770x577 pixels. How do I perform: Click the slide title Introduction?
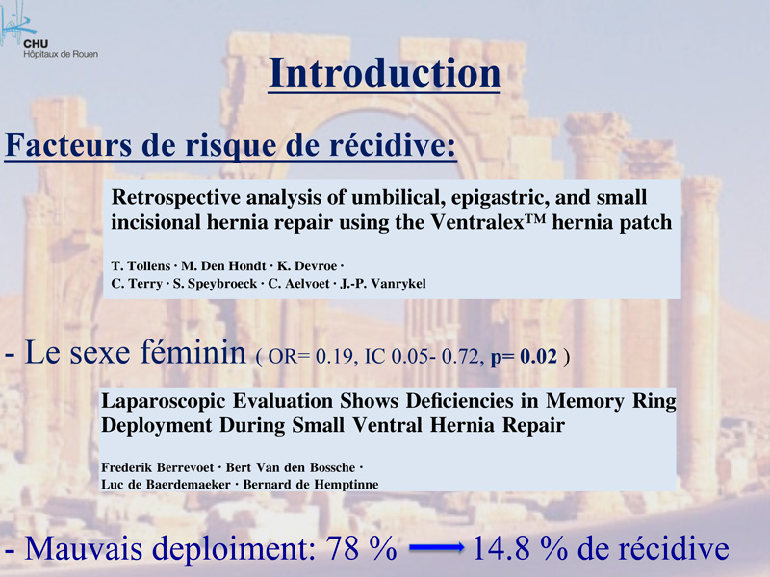coord(384,73)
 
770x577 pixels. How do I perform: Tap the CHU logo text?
coord(36,44)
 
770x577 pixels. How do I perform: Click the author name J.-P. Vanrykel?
coord(383,284)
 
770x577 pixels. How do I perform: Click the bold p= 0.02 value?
coord(524,357)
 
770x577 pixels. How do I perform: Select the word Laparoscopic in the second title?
coord(163,402)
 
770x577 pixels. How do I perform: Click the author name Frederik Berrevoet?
coord(157,467)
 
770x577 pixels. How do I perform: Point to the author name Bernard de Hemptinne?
coord(311,485)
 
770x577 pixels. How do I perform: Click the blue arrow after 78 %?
coord(437,547)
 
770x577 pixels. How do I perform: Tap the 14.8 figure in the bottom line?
coord(501,548)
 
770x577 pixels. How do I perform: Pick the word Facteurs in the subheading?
coord(67,145)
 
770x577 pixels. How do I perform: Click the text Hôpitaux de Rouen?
coord(61,54)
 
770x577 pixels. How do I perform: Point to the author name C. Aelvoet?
coord(298,284)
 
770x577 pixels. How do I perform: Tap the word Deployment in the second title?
coord(156,425)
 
